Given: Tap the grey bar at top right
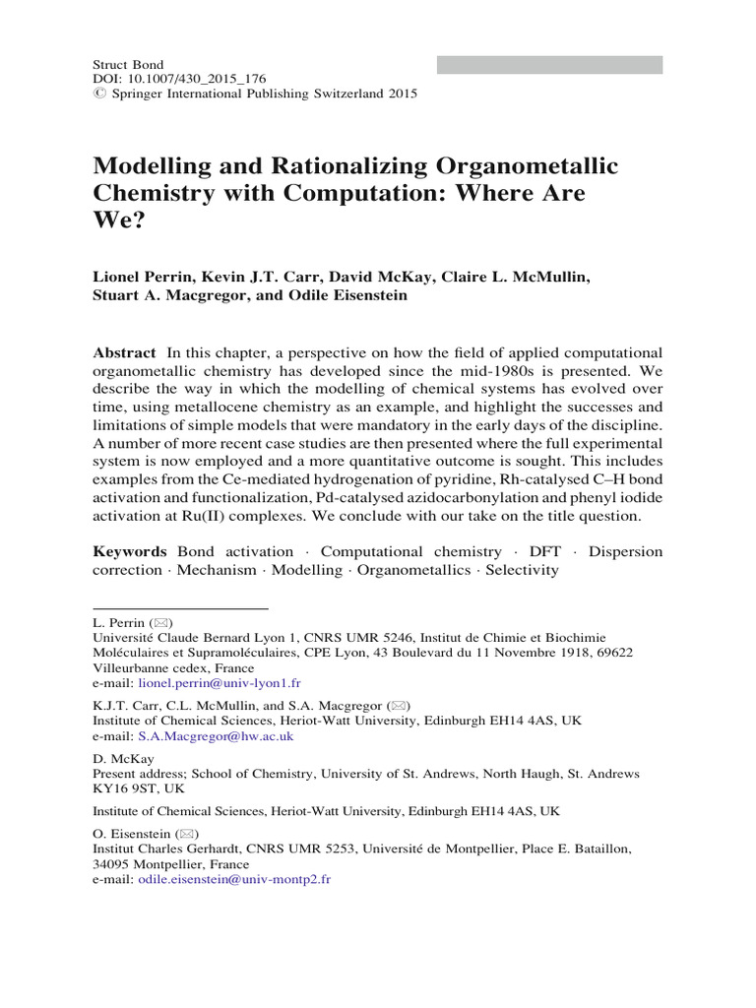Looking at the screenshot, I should pyautogui.click(x=549, y=65).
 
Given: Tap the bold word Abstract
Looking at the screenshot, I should pyautogui.click(x=123, y=353).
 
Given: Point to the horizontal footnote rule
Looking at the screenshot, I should pyautogui.click(x=179, y=608).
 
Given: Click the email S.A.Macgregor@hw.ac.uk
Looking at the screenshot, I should pyautogui.click(x=213, y=735).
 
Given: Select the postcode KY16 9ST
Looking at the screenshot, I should pyautogui.click(x=127, y=789).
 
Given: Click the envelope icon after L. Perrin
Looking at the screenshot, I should pyautogui.click(x=161, y=624).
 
